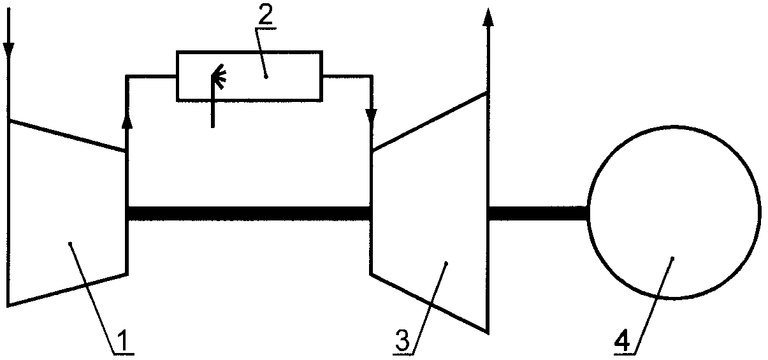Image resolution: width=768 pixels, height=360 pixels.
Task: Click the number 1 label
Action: pyautogui.click(x=123, y=340)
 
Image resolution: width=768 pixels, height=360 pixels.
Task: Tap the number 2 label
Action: pyautogui.click(x=266, y=14)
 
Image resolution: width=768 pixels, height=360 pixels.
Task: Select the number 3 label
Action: pyautogui.click(x=402, y=340)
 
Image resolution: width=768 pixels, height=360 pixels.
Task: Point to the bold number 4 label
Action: pyautogui.click(x=622, y=340)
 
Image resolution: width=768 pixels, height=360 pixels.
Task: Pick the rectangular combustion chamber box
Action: pyautogui.click(x=250, y=51)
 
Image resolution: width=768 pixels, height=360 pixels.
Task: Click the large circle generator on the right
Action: pyautogui.click(x=589, y=213)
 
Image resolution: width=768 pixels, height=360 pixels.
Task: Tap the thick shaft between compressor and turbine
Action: pyautogui.click(x=249, y=213)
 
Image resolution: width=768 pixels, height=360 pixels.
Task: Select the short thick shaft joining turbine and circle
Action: pyautogui.click(x=539, y=213)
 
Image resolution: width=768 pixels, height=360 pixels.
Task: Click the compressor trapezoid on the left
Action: pyautogui.click(x=9, y=213)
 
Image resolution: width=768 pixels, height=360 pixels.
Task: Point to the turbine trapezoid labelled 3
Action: pyautogui.click(x=487, y=213)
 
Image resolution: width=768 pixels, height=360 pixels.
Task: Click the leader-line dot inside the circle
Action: pyautogui.click(x=672, y=258)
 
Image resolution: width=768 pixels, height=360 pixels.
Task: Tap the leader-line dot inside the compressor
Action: pyautogui.click(x=70, y=244)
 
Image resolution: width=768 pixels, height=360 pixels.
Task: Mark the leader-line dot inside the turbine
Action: pyautogui.click(x=446, y=263)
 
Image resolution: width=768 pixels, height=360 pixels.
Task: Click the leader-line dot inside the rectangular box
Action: pyautogui.click(x=266, y=77)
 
